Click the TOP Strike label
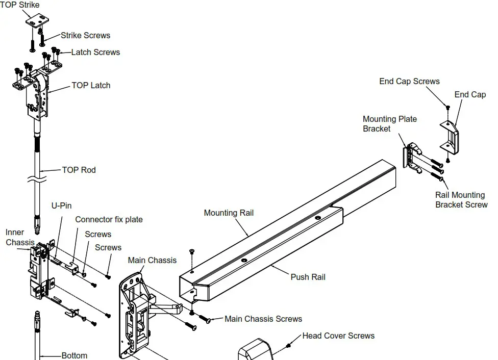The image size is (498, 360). (x=19, y=5)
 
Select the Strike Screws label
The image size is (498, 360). (x=85, y=35)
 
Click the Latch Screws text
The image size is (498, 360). (x=95, y=52)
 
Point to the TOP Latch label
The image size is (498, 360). (x=90, y=85)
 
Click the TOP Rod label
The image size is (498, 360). (x=79, y=170)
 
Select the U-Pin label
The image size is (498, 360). (x=61, y=205)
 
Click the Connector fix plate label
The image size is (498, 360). (x=109, y=219)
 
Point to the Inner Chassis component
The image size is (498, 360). (x=40, y=268)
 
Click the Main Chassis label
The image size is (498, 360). (x=152, y=260)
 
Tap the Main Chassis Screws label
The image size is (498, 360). (x=263, y=319)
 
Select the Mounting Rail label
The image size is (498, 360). (x=228, y=213)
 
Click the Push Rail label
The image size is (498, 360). (x=308, y=277)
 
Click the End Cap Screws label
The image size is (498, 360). (x=409, y=81)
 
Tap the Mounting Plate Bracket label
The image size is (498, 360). (x=390, y=123)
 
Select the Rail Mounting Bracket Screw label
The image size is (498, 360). (x=461, y=199)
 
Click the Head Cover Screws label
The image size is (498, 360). (x=338, y=336)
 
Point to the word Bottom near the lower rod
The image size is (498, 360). (x=74, y=355)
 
